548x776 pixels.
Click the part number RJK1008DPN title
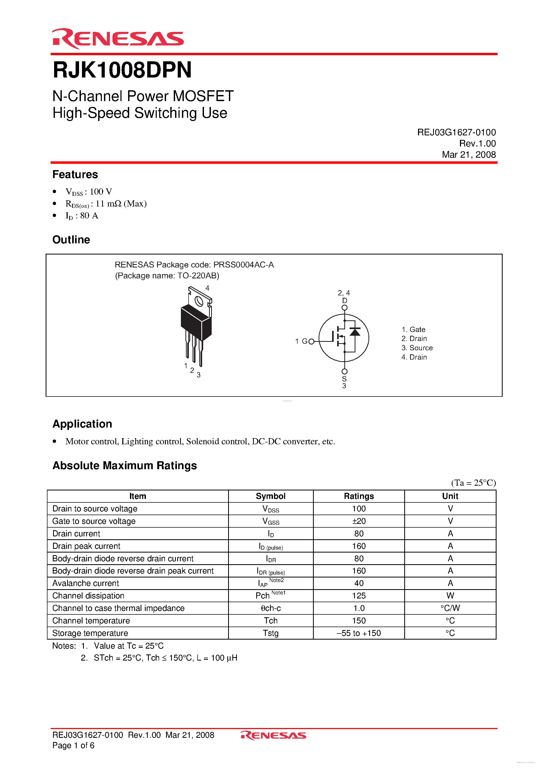coord(122,70)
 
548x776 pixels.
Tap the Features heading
coord(75,174)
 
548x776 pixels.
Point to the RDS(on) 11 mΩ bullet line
coord(106,204)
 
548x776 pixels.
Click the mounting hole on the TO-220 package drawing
coord(199,301)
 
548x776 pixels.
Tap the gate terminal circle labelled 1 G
coord(311,341)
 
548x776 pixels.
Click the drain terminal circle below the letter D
coord(344,308)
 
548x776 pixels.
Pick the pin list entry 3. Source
coord(417,348)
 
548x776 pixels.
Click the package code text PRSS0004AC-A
coord(243,265)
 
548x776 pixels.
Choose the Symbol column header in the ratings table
coord(270,496)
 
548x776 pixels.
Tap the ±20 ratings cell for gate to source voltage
coord(359,521)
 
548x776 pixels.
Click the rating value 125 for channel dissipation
coord(359,596)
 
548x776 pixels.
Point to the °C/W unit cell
coord(450,608)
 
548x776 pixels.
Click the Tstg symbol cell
coord(270,633)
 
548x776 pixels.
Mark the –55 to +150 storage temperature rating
coord(359,633)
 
